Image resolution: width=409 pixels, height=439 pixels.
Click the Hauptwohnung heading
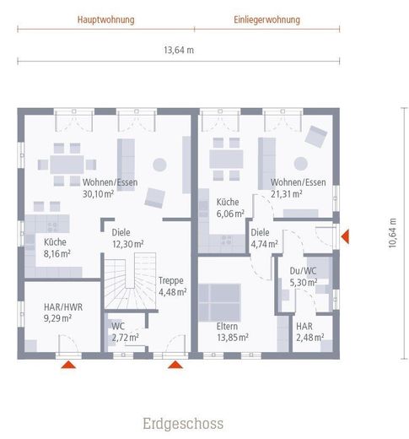coord(106,20)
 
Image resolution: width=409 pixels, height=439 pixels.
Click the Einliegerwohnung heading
coord(267,20)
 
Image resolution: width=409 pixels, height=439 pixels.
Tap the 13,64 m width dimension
coord(179,51)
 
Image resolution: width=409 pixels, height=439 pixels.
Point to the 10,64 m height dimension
coord(392,233)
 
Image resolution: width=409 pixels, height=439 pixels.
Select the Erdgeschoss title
coord(183,424)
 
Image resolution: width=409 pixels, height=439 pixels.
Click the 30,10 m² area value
coord(98,194)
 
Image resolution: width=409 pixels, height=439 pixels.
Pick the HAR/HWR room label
coord(63,307)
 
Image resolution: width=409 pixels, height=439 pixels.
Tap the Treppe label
coord(171,280)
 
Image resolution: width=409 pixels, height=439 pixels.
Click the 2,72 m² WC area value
coord(126,338)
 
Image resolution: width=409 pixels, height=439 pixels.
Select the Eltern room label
coord(227,327)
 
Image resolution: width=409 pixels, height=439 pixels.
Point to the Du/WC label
coord(303,271)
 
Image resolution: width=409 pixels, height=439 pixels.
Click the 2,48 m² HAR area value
coord(310,338)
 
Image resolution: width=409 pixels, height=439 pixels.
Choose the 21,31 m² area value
coord(287,194)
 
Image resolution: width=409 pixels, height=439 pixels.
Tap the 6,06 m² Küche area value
coord(230,214)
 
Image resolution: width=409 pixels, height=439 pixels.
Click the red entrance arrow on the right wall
coord(345,236)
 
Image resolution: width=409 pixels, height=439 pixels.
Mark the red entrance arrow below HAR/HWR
coord(68,365)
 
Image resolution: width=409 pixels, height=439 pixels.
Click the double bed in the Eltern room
coord(219,302)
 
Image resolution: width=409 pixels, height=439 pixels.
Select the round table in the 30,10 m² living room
coord(159,165)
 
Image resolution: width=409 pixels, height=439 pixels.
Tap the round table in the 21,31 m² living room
coord(301,164)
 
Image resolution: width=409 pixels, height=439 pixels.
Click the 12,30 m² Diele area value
coord(128,244)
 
